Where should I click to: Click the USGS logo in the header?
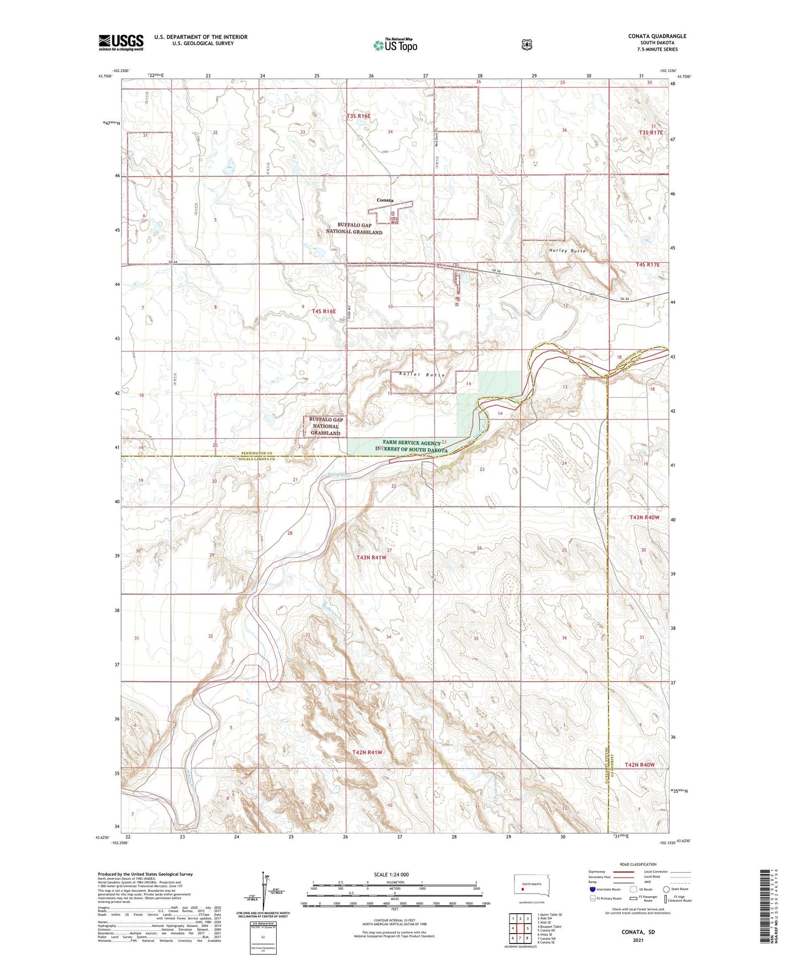[x=121, y=42]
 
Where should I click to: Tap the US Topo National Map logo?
[x=394, y=45]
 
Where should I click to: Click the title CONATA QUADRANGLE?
[x=657, y=36]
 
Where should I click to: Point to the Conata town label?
[x=385, y=200]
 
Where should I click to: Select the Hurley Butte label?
[x=567, y=251]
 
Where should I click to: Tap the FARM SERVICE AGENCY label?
[x=412, y=443]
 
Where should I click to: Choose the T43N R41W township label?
[x=371, y=558]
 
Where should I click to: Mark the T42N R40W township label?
[x=640, y=765]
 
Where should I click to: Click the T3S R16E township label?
[x=359, y=117]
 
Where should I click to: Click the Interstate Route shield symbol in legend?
[x=592, y=889]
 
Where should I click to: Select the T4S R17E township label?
[x=647, y=265]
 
